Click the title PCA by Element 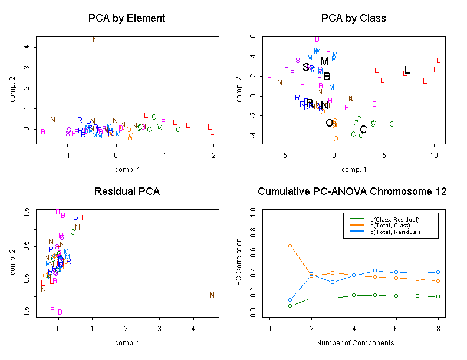point(126,18)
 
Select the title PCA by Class point(353,18)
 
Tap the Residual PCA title point(126,191)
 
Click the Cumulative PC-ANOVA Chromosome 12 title point(353,191)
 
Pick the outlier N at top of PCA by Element point(96,39)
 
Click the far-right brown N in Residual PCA point(212,295)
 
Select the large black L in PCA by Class point(407,70)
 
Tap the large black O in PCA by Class point(330,123)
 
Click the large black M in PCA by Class point(324,61)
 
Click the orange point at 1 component point(290,245)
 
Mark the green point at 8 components point(438,296)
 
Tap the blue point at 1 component point(290,300)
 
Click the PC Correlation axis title point(239,262)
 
